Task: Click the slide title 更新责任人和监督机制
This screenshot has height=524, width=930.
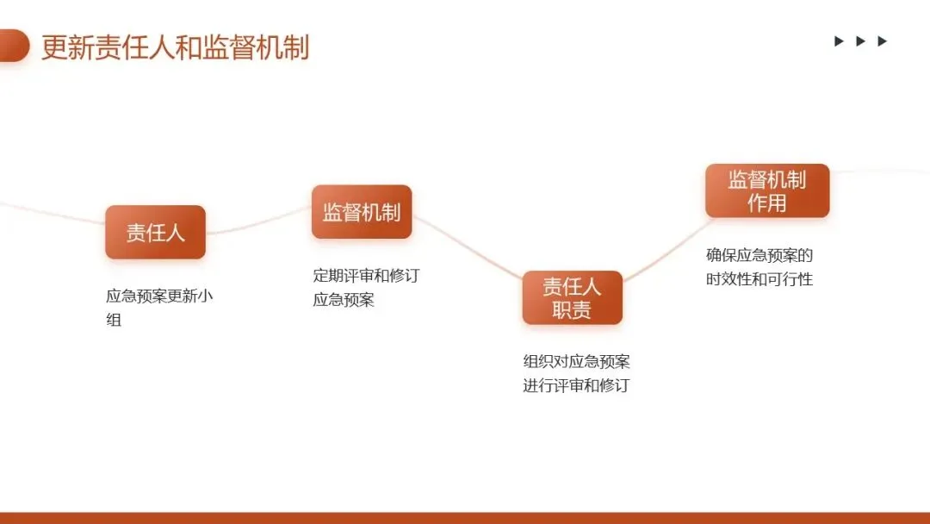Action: pos(175,47)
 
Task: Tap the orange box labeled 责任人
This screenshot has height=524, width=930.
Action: pos(155,232)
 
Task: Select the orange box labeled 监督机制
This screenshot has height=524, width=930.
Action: pos(362,212)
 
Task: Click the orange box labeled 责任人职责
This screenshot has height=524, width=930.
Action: pos(572,297)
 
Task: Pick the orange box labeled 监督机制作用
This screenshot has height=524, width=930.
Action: pos(767,190)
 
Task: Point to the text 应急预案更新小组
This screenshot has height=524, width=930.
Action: pos(159,308)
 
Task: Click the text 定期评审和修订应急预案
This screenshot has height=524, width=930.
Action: pos(366,288)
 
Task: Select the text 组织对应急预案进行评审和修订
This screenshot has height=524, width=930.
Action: pos(576,373)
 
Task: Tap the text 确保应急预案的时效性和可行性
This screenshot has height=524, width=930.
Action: pos(759,267)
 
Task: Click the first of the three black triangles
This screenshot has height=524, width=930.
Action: pos(839,41)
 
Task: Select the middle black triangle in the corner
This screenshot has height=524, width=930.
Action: pos(860,41)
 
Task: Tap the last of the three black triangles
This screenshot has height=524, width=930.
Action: pos(882,41)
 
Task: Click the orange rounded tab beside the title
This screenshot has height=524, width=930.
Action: pos(14,46)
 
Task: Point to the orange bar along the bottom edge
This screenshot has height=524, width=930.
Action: pos(465,518)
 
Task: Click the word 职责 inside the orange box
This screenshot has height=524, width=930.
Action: pos(572,309)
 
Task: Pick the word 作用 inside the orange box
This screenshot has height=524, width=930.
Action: pos(767,203)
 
